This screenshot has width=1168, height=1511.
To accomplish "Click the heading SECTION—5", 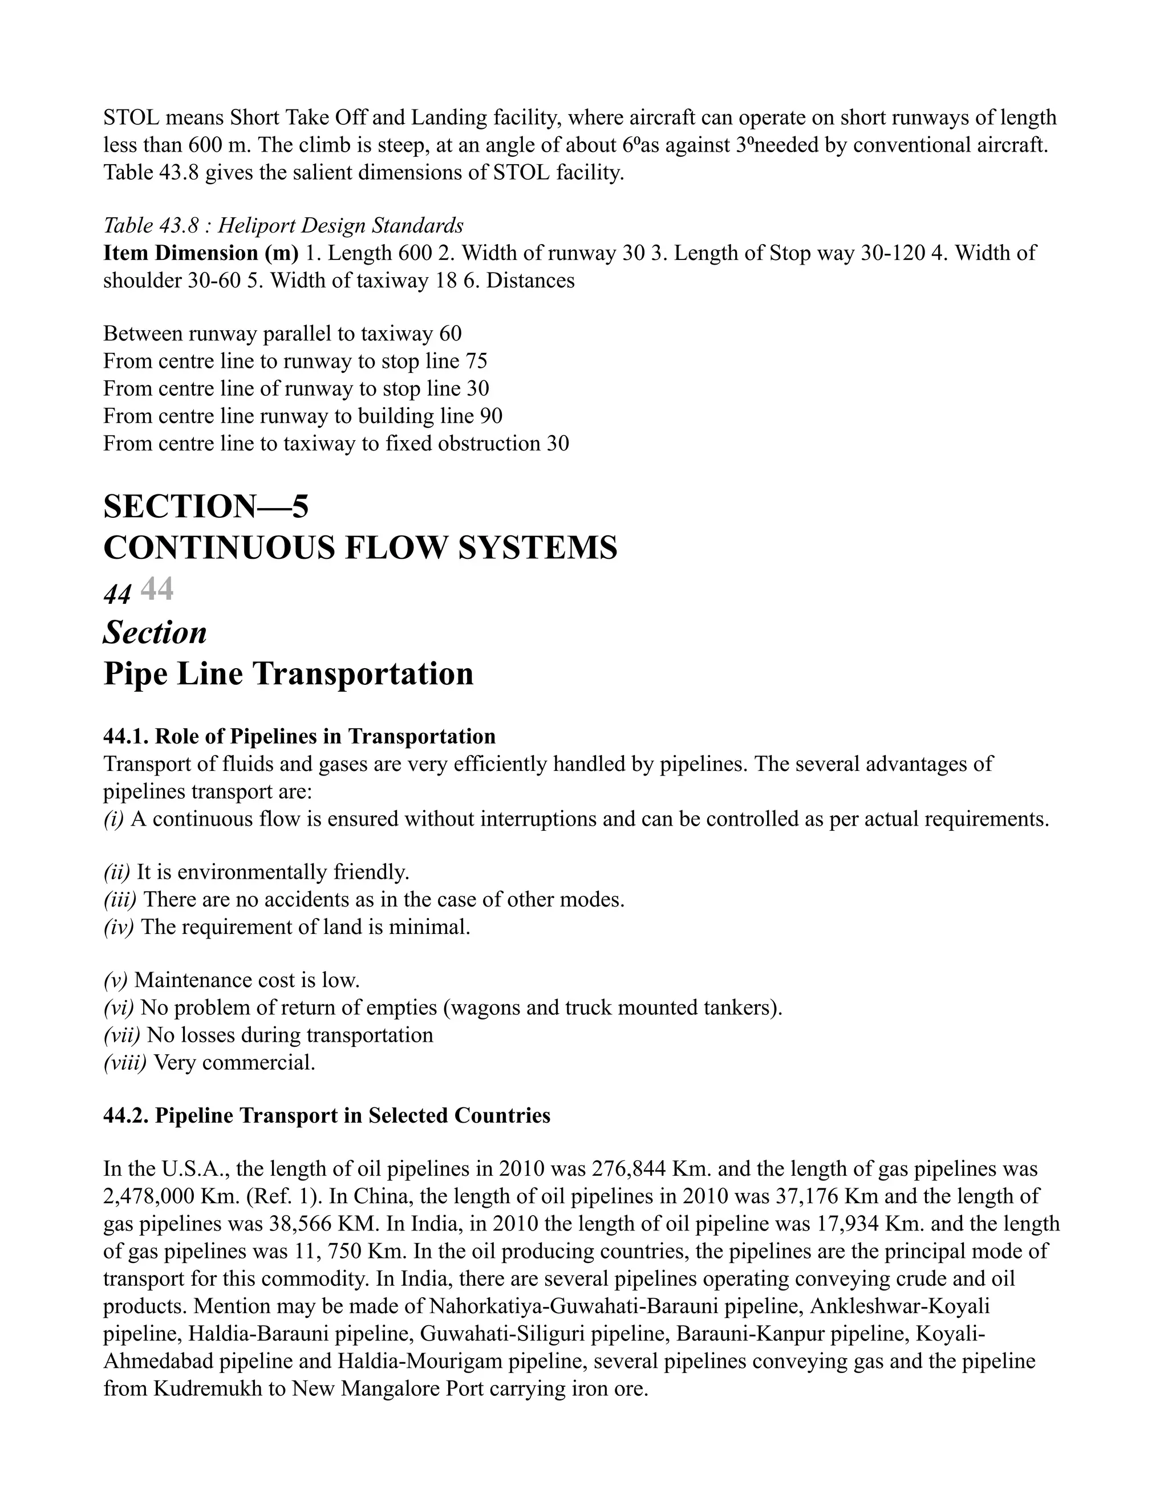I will click(205, 506).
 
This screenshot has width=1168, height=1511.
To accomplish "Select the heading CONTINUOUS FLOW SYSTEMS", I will click(360, 548).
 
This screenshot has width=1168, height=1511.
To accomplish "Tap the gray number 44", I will click(157, 590).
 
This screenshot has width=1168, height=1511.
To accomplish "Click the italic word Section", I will click(155, 632).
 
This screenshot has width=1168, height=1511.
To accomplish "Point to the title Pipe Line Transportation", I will click(288, 674).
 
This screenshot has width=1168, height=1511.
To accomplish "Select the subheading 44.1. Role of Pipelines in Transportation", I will click(299, 736).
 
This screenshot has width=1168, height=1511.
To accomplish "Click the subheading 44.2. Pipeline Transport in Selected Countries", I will click(327, 1115).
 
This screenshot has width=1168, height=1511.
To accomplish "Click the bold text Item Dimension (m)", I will click(201, 253).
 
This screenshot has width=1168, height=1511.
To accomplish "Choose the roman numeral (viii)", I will click(124, 1062).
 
